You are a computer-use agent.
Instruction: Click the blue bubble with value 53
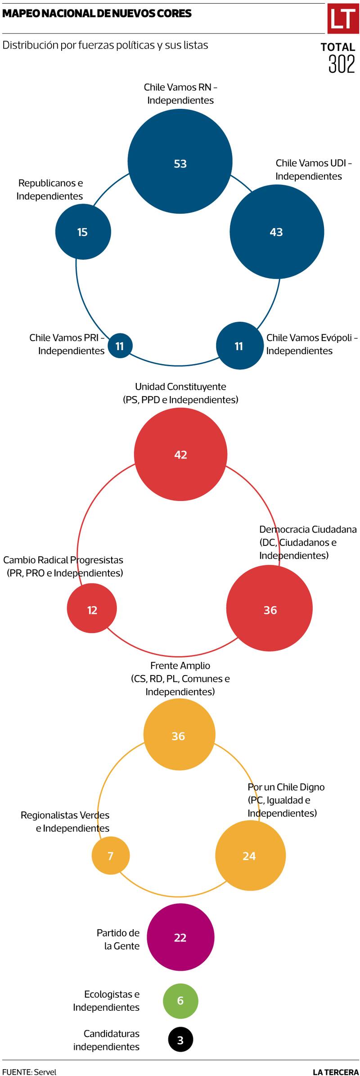click(x=180, y=162)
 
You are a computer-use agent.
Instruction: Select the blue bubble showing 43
click(x=277, y=232)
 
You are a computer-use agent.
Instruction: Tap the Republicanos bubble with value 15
click(x=83, y=231)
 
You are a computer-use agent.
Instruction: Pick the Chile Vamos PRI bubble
click(x=120, y=346)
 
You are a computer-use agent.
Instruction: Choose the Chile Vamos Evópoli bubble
click(x=239, y=346)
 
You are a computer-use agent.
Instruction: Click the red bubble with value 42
click(x=180, y=454)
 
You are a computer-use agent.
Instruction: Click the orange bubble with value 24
click(x=250, y=855)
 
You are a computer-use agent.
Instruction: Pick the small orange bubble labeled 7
click(x=111, y=855)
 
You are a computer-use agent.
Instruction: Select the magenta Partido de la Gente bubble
click(x=180, y=937)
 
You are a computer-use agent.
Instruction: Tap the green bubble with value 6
click(x=180, y=1001)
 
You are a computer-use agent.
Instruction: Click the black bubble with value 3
click(x=180, y=1040)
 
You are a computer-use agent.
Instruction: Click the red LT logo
click(x=342, y=19)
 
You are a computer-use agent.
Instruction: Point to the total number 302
click(x=342, y=64)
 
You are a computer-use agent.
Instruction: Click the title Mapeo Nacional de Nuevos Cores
click(x=97, y=14)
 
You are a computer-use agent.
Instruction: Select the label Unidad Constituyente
click(x=180, y=387)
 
